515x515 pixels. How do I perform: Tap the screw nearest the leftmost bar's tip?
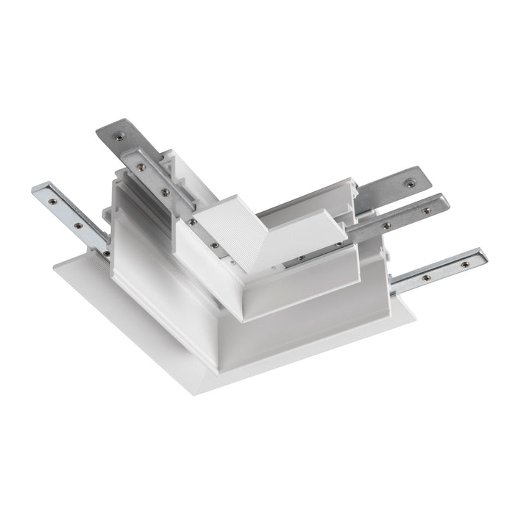coord(51,197)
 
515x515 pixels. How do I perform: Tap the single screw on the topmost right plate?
coord(411,177)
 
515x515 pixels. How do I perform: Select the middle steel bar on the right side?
coord(401,215)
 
